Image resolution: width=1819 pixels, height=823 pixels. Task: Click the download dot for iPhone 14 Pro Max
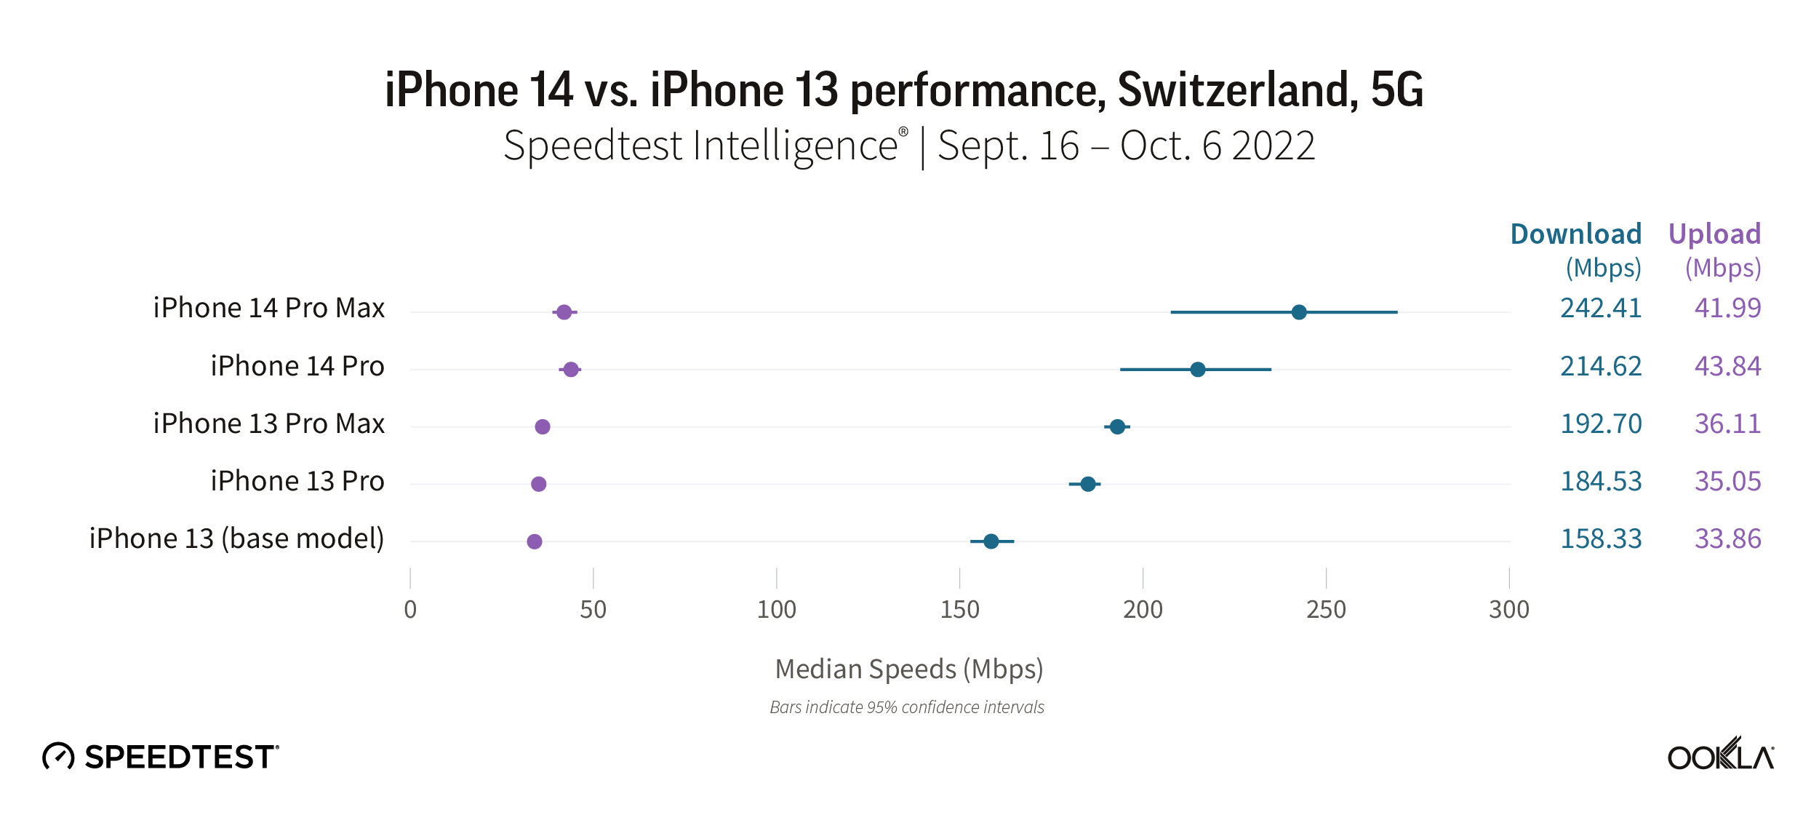pos(1299,312)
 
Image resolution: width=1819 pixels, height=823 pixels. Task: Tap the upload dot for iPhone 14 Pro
pos(571,370)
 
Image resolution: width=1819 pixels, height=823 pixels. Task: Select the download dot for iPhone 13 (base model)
pos(991,541)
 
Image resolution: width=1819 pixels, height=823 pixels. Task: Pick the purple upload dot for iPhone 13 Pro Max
pos(543,426)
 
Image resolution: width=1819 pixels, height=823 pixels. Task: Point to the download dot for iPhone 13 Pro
pos(1088,484)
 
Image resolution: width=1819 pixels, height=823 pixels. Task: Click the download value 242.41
pos(1601,308)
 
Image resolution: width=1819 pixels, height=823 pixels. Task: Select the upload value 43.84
pos(1727,366)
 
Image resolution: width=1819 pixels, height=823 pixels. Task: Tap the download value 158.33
pos(1601,539)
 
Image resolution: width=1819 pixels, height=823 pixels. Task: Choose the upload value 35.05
pos(1727,482)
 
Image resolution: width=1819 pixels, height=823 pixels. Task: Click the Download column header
pos(1575,234)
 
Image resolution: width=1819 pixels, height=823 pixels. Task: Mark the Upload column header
pos(1714,234)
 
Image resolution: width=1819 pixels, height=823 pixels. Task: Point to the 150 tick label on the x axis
pos(959,610)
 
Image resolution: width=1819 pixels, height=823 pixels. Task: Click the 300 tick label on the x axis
pos(1509,610)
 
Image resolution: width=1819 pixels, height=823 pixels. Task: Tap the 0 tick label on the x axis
pos(410,610)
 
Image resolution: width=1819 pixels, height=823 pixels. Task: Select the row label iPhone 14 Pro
pos(297,366)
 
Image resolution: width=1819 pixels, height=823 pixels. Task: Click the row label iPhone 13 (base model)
pos(236,539)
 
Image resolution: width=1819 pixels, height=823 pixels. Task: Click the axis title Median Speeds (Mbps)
pos(909,669)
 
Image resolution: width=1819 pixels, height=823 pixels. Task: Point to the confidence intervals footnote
pos(907,707)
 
